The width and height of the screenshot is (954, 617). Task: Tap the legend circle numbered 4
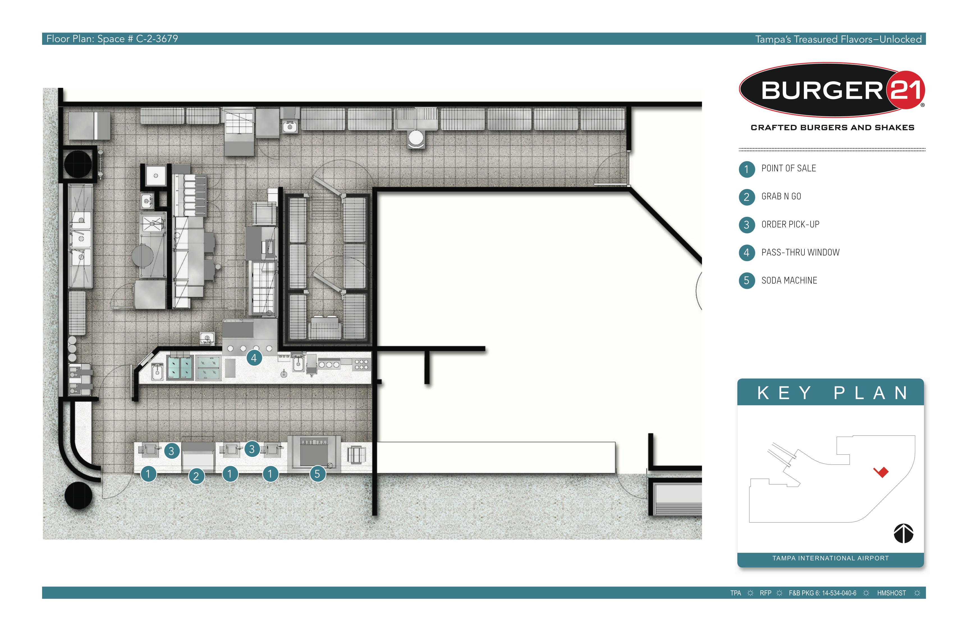tap(746, 252)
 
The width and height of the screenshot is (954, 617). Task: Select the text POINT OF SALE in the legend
tap(788, 168)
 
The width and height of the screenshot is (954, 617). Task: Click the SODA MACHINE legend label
tap(789, 280)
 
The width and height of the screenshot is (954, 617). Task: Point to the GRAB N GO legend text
tap(781, 196)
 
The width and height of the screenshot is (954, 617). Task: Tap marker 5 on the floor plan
tap(317, 474)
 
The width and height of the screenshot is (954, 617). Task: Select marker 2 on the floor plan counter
tap(196, 476)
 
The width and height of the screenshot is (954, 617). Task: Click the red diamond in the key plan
tap(881, 472)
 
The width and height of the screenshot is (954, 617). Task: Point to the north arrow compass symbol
tap(903, 533)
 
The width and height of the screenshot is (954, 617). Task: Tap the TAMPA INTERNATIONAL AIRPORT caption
tap(831, 558)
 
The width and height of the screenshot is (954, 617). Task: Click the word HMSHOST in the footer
tap(891, 593)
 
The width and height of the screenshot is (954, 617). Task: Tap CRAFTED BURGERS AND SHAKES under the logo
tap(832, 127)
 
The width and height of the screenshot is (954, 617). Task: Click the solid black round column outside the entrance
tap(79, 495)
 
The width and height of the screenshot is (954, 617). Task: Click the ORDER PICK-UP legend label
tap(790, 224)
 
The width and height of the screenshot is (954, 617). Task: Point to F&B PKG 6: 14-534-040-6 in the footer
tap(822, 593)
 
